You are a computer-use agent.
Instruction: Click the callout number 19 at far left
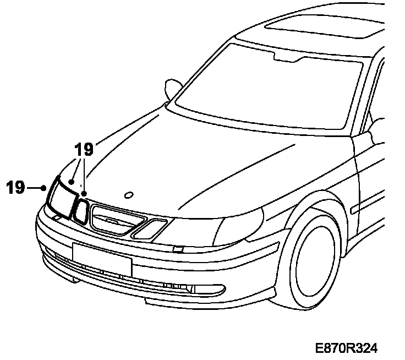16,188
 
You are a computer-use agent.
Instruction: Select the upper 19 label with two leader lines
84,149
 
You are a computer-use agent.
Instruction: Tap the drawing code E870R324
347,348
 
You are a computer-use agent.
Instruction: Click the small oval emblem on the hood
129,194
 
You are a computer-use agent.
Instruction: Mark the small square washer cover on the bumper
177,249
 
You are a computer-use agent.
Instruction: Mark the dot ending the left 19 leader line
43,188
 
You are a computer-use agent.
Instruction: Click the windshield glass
264,88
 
